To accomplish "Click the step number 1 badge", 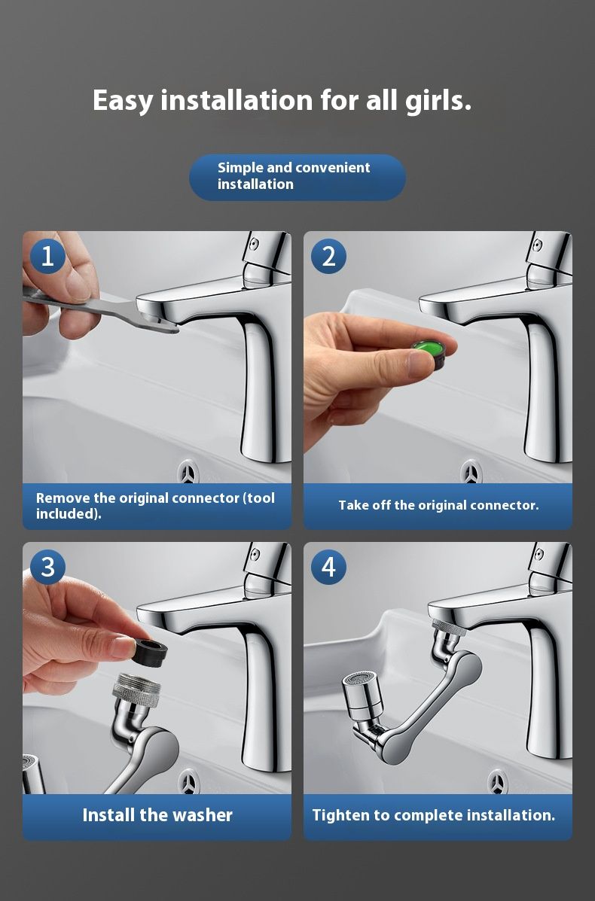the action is (47, 256).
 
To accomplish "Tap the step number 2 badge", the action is (328, 256).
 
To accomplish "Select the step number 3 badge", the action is (47, 567).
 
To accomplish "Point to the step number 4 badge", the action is (328, 567).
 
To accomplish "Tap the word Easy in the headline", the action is (123, 101).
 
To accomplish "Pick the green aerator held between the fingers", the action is (429, 352).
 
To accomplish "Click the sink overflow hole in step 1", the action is (188, 472).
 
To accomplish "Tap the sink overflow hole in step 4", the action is (497, 781).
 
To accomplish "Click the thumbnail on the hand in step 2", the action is (420, 363).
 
